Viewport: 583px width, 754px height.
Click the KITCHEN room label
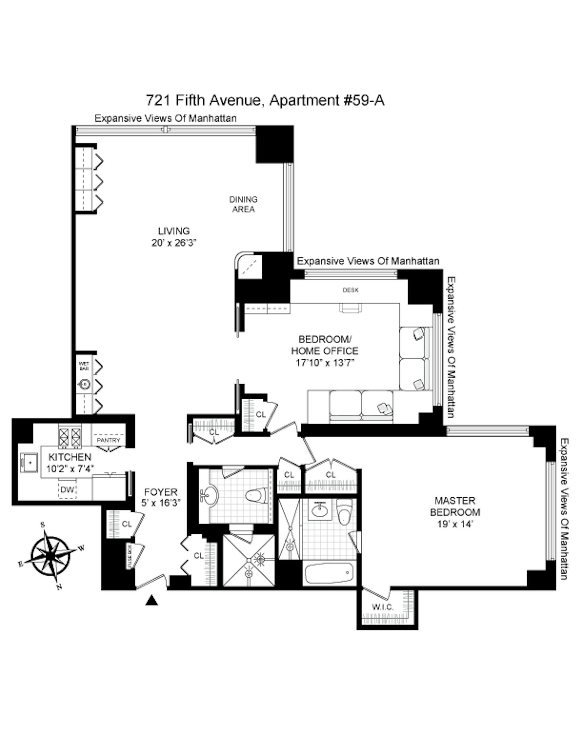click(x=70, y=457)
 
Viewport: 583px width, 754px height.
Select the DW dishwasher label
click(x=67, y=490)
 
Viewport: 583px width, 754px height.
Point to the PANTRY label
click(x=108, y=440)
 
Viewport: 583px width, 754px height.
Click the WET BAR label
click(x=84, y=366)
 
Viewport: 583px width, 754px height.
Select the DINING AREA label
click(x=243, y=204)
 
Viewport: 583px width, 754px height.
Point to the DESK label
click(x=351, y=290)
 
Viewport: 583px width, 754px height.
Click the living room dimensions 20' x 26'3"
click(x=174, y=243)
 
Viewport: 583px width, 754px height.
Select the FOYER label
click(x=160, y=492)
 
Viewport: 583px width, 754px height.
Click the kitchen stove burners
click(x=70, y=437)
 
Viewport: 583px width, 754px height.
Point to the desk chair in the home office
click(x=351, y=308)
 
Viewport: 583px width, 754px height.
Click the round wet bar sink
click(x=84, y=384)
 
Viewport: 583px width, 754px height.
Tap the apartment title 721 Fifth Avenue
click(x=265, y=100)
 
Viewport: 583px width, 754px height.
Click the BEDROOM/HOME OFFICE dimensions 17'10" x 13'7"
click(x=325, y=363)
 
